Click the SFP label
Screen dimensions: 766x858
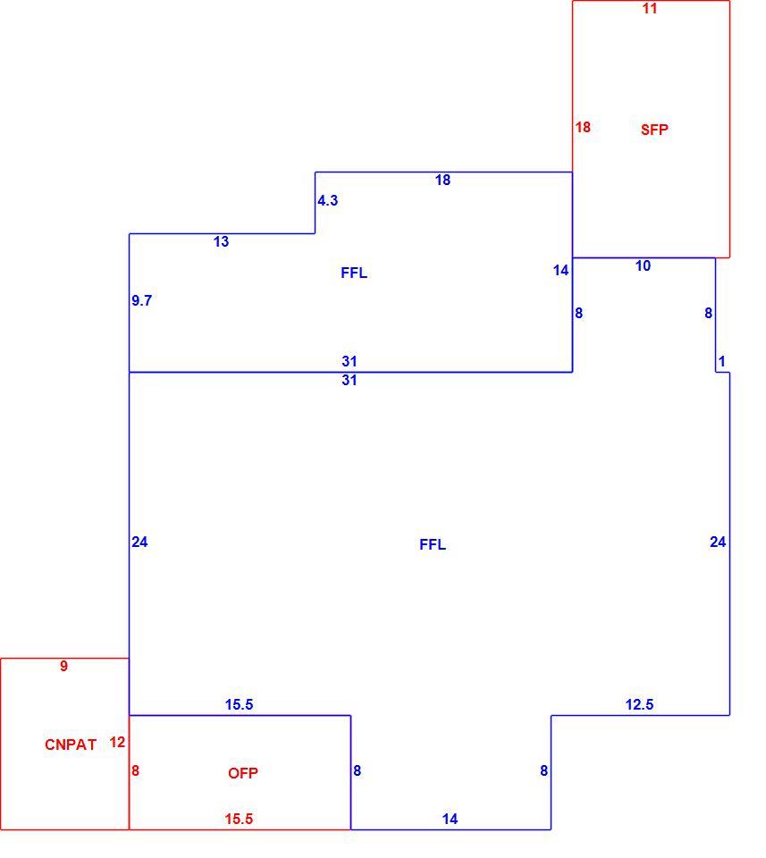click(654, 130)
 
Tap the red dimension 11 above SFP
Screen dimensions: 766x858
click(650, 8)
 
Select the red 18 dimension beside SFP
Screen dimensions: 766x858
click(583, 127)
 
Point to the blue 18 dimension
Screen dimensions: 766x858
click(442, 180)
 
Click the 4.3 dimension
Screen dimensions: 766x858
click(328, 200)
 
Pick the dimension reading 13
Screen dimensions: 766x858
click(221, 241)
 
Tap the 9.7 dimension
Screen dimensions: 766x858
click(142, 300)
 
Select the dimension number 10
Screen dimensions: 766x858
click(643, 265)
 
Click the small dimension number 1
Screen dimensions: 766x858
click(721, 361)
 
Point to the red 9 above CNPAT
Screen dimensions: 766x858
click(64, 666)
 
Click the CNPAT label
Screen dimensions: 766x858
click(71, 744)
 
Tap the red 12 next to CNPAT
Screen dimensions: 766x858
click(117, 742)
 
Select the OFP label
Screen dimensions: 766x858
click(243, 773)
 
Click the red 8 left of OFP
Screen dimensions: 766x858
click(135, 770)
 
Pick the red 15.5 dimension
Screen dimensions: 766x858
click(240, 819)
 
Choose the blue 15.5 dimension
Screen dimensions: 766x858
click(240, 704)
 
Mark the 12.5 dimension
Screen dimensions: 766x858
click(640, 704)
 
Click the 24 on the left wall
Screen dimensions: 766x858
click(139, 542)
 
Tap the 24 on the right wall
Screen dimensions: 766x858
click(718, 542)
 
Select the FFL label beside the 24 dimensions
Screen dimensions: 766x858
click(433, 544)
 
